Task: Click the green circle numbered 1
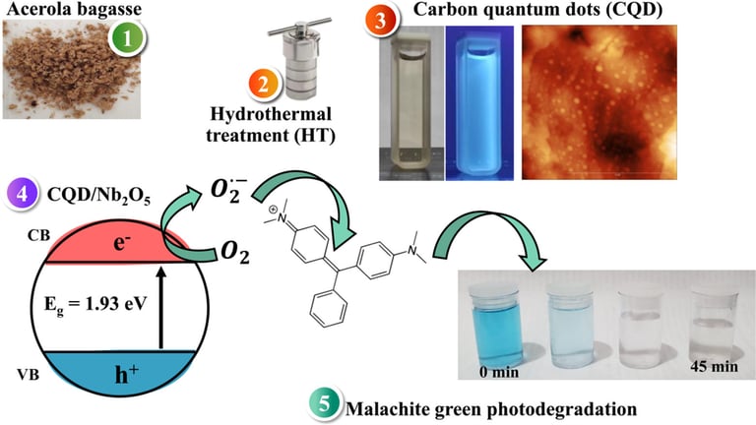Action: click(x=125, y=41)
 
